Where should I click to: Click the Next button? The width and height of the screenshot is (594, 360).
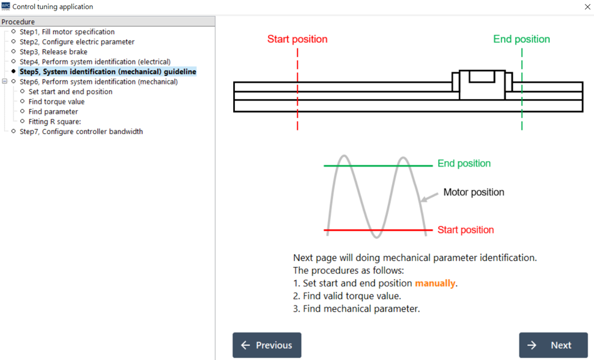coord(553,345)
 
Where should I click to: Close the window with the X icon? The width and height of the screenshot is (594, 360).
coord(587,7)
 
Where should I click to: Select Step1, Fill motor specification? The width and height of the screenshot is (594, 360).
coord(67,32)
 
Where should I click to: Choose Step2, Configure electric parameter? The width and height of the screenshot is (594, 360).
coord(77,42)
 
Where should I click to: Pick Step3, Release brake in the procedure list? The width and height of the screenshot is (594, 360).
coord(53,52)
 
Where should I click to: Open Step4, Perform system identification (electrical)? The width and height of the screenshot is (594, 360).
coord(95,62)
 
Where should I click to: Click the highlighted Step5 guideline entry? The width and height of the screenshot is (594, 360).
coord(108,72)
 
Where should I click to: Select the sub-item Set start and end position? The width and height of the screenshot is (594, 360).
coord(70,92)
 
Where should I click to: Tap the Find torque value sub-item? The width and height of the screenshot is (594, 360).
coord(56,102)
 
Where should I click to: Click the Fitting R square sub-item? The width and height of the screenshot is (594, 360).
coord(54,122)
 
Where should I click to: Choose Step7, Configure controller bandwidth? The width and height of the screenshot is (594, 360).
coord(81,132)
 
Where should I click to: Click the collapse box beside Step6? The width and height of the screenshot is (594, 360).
coord(4,81)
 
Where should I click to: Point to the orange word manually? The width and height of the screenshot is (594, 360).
coord(435,283)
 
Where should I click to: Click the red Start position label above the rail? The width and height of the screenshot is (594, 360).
coord(297,39)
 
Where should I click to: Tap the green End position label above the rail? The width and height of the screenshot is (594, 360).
coord(522,39)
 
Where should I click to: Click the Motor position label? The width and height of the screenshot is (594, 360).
coord(473,192)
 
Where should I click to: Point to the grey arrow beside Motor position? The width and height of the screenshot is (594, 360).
coord(429,197)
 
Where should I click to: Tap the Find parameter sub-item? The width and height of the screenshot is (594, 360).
coord(53,112)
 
